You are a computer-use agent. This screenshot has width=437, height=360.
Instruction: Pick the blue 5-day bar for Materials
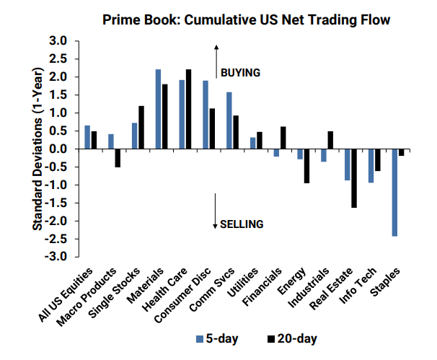click(158, 109)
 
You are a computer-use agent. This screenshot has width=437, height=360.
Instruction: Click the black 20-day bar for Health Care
click(189, 109)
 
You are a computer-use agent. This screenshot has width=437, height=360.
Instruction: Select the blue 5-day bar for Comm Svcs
click(229, 120)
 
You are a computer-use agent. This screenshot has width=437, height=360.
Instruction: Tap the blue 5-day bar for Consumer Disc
click(206, 115)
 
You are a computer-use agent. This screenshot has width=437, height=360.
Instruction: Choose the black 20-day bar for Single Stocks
click(141, 128)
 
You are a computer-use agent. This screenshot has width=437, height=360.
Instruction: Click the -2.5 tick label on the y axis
click(57, 239)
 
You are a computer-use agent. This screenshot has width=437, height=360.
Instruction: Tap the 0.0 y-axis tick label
click(59, 149)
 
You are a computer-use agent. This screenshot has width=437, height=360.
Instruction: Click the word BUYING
click(239, 73)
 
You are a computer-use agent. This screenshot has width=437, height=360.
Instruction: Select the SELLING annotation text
click(242, 224)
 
